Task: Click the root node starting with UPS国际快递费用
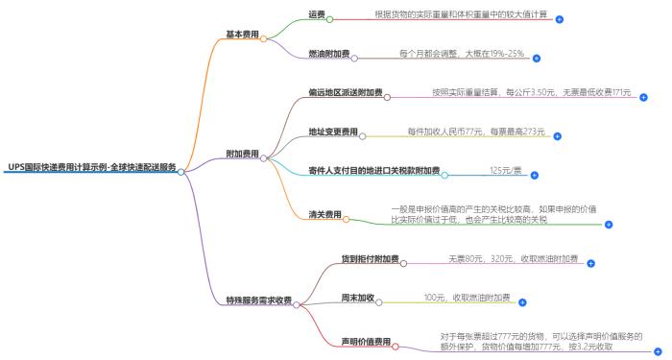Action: click(91, 166)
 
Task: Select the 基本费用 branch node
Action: click(242, 35)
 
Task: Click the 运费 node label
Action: click(316, 16)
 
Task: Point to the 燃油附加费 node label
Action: click(328, 55)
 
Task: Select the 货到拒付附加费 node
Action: click(370, 260)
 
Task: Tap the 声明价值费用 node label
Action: click(366, 342)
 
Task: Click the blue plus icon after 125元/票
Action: click(534, 176)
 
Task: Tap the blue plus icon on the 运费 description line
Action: click(560, 19)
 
